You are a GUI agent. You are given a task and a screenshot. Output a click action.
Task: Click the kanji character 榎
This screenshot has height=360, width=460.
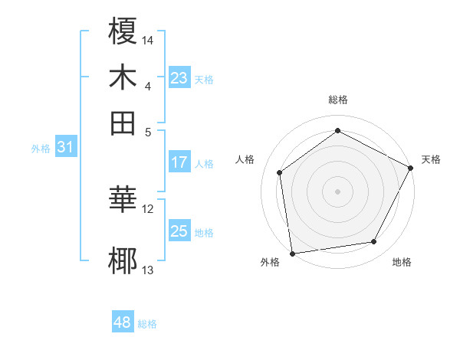coord(123,31)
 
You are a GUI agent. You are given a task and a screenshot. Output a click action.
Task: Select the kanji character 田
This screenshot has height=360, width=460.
coord(123,122)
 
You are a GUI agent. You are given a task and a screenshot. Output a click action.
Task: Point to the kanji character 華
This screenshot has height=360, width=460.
coord(123,200)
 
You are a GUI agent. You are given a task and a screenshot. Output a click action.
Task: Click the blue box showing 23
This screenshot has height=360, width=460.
coord(179,78)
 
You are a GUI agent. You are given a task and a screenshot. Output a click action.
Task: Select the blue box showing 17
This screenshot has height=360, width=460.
coord(179,162)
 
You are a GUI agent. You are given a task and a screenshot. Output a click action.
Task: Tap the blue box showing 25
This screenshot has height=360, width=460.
coord(179,231)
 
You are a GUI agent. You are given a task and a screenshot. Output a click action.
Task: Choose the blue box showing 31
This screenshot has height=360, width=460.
coord(64,148)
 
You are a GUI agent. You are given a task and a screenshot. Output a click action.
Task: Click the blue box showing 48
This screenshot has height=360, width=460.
coord(122,322)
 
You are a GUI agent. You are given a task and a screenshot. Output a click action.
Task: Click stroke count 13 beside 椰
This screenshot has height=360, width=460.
coord(148,270)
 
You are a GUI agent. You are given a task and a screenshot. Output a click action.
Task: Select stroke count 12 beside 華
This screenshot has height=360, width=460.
coord(148,208)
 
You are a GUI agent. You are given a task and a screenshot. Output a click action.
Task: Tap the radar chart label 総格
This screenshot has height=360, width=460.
coord(338,100)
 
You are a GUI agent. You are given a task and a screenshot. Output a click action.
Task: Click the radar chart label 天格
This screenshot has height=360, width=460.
coord(431,159)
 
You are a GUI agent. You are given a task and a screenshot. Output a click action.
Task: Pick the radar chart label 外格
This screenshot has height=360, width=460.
coord(270,262)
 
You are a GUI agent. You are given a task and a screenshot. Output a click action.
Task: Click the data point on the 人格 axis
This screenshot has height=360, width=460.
coord(280,172)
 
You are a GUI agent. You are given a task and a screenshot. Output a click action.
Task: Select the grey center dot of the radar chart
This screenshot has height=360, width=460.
coord(338,191)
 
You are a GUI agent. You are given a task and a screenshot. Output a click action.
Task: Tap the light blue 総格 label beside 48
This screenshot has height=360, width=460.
coord(148,324)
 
